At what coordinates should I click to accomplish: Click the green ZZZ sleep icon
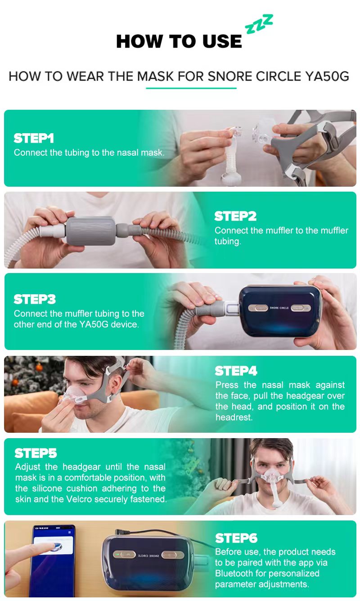(259, 24)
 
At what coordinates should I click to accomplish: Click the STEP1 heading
(34, 138)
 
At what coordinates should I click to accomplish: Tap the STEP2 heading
(235, 216)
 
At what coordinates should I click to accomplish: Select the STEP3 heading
(35, 299)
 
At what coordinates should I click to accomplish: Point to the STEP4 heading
(236, 371)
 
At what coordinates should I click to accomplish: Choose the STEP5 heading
(36, 453)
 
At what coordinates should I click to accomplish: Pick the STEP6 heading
(236, 538)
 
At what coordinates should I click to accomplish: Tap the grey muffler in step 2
(91, 231)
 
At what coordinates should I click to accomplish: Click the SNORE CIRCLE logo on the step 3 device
(279, 308)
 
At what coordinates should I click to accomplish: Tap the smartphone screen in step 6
(54, 560)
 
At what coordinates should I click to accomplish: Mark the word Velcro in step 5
(79, 499)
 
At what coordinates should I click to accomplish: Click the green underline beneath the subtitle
(191, 88)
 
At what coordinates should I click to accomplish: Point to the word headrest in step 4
(234, 417)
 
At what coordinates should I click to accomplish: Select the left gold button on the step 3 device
(258, 308)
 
